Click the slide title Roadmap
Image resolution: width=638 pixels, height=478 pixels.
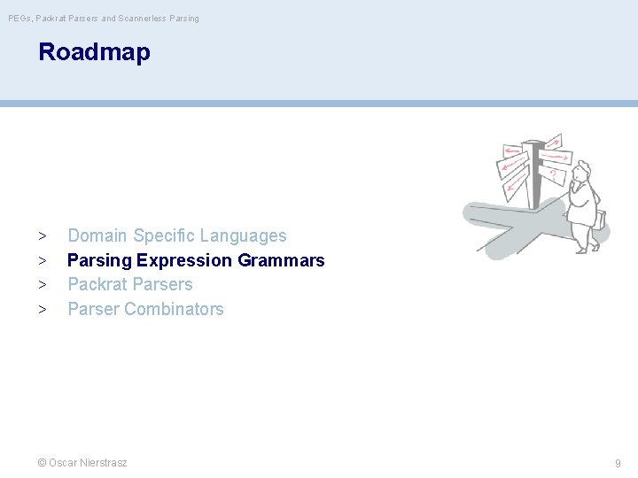(x=94, y=52)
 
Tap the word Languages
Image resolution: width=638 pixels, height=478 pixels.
(x=243, y=236)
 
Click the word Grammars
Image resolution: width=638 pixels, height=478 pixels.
(x=281, y=261)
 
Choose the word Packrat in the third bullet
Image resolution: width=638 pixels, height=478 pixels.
(x=97, y=285)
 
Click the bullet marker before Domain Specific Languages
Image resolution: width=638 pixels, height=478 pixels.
(x=42, y=236)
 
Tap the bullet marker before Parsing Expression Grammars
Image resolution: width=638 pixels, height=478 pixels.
(x=42, y=261)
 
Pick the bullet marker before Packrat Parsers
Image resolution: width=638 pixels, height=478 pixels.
(x=42, y=285)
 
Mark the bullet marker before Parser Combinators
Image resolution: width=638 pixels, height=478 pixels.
(x=42, y=310)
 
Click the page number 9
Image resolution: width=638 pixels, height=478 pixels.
(x=618, y=463)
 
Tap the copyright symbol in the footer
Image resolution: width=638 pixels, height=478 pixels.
(x=42, y=463)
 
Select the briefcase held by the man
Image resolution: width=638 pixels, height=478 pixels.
(x=602, y=220)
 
